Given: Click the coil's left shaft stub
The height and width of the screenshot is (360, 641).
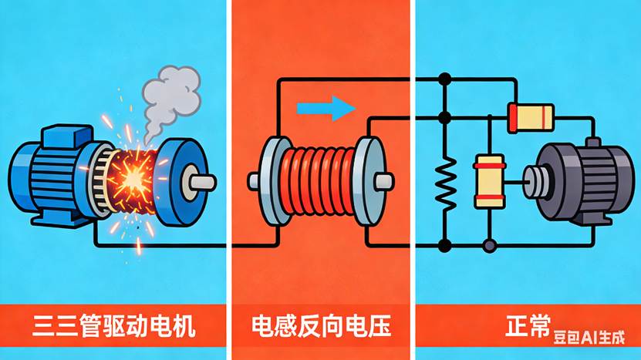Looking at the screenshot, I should pos(255,180).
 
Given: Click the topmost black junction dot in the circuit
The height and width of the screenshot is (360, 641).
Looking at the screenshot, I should pos(444,79).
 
